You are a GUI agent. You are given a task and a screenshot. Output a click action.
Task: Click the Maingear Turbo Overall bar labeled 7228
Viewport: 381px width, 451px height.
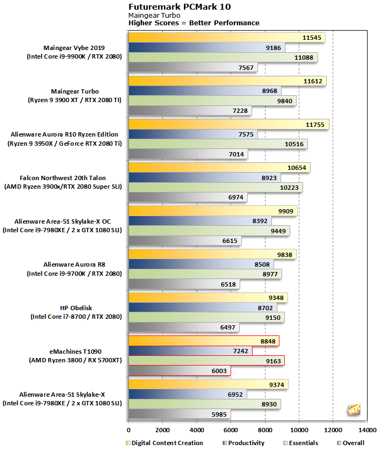tap(190, 111)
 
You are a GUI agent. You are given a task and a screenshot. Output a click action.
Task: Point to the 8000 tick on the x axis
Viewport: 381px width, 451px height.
tap(265, 430)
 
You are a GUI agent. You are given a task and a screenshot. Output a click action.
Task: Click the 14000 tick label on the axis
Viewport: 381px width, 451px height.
tap(367, 430)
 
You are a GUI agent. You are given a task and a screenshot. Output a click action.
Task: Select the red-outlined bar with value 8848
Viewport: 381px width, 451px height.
tap(204, 341)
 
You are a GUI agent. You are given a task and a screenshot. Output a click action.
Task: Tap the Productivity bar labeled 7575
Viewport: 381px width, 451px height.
tap(193, 134)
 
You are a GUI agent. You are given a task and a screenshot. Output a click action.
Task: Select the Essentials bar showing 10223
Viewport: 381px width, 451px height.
tap(215, 188)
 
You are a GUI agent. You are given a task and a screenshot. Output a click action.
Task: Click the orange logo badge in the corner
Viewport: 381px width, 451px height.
tap(353, 410)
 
